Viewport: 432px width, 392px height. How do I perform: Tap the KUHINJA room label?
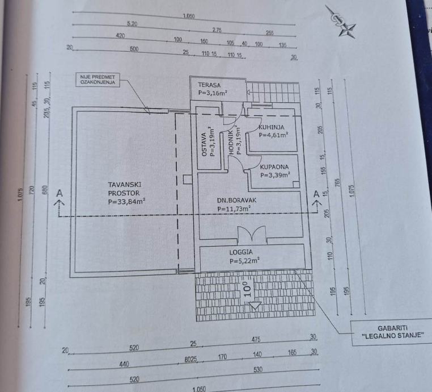pos(272,127)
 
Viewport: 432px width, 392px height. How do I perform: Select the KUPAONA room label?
pos(274,167)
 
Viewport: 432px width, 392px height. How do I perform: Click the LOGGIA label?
pos(241,252)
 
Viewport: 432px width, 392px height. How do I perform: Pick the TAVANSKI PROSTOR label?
pos(125,188)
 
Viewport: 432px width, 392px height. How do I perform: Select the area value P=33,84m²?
pos(126,201)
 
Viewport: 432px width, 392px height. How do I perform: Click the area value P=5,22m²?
pos(244,261)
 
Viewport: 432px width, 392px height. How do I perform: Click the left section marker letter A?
pos(58,194)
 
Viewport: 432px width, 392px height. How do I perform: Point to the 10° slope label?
pos(246,289)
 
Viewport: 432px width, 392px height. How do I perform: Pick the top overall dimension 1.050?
pos(189,16)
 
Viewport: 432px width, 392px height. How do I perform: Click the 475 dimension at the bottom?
pos(256,340)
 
